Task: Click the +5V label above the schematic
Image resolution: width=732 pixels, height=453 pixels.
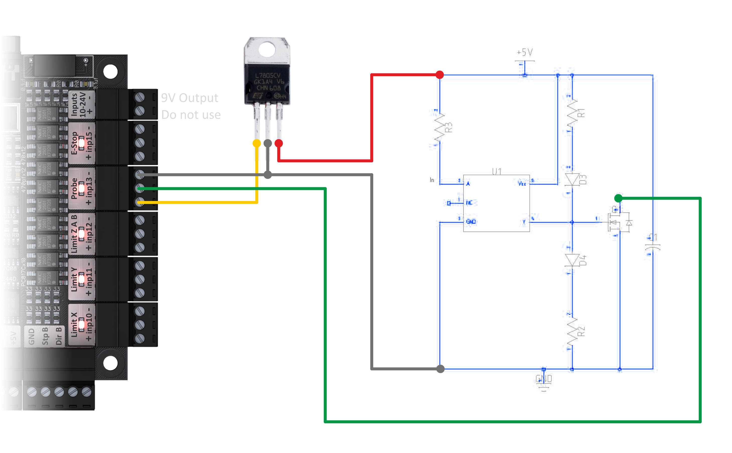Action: (x=525, y=53)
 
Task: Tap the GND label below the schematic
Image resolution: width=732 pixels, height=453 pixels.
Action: (x=544, y=379)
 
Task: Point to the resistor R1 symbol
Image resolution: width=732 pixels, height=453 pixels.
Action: (x=572, y=114)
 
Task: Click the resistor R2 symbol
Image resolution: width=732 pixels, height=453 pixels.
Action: (x=572, y=332)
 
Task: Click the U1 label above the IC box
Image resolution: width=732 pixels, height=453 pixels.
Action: (x=497, y=171)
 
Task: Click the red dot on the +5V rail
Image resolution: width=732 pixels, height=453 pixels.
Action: (x=440, y=75)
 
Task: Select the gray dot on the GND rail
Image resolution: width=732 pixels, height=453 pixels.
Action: (x=440, y=369)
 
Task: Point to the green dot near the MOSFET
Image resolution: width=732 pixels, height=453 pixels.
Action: (x=618, y=198)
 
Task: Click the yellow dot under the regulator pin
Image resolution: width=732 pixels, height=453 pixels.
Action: (x=257, y=143)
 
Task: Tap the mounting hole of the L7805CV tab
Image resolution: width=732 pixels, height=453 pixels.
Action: (x=267, y=49)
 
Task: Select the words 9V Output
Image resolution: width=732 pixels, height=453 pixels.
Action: (x=190, y=98)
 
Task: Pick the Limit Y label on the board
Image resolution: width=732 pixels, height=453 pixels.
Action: (x=74, y=279)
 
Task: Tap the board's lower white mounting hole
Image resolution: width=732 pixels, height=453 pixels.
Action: (x=110, y=363)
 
